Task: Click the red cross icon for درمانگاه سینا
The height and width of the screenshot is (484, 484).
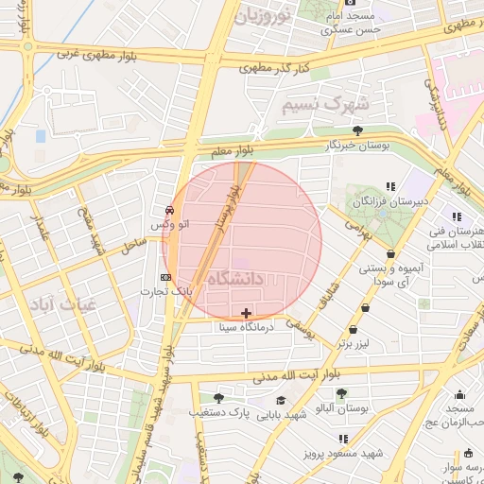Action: pyautogui.click(x=247, y=313)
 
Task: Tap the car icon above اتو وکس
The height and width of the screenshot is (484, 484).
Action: pyautogui.click(x=169, y=210)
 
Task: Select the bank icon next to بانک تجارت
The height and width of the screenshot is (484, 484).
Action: pyautogui.click(x=166, y=277)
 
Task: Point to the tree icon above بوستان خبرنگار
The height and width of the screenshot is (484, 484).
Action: pyautogui.click(x=357, y=130)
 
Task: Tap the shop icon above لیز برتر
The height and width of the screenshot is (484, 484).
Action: pyautogui.click(x=353, y=330)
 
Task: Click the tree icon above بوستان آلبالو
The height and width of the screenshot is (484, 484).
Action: pyautogui.click(x=340, y=393)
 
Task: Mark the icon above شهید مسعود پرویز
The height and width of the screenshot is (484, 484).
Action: pyautogui.click(x=342, y=439)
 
